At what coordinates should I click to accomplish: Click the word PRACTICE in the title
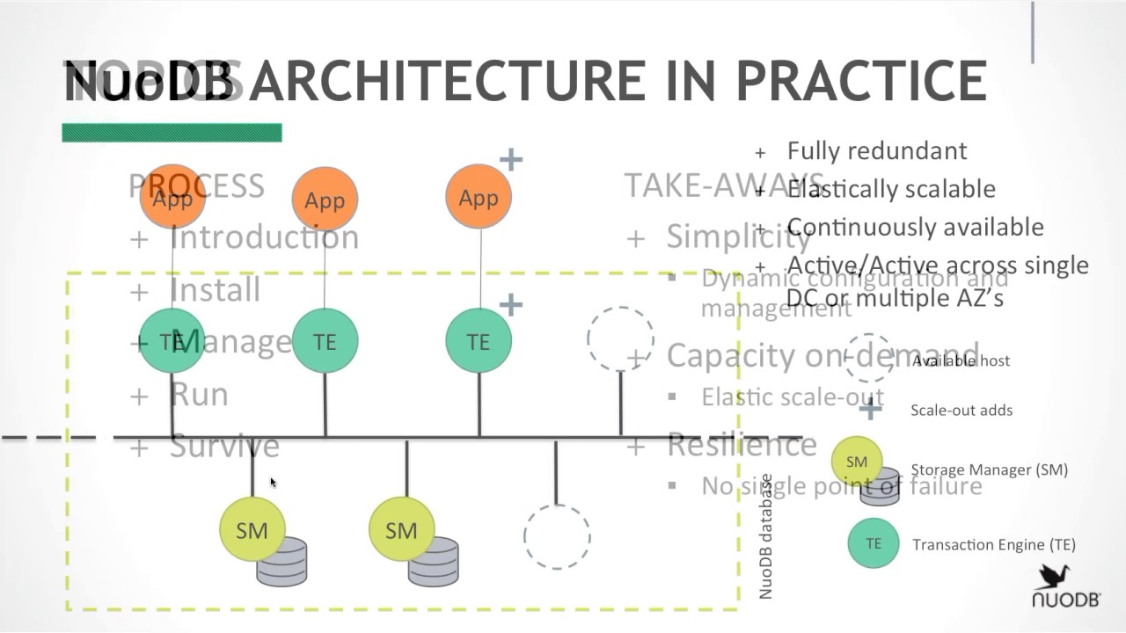(x=860, y=81)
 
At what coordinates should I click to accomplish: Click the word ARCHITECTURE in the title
(x=483, y=81)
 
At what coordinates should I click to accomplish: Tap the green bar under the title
(x=172, y=133)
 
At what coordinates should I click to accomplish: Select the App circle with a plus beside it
(x=478, y=197)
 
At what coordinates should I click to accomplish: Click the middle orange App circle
(x=325, y=200)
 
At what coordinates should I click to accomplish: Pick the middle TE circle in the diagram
(x=325, y=341)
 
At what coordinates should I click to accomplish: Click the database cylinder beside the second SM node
(x=434, y=561)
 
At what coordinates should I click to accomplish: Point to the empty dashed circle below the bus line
(x=557, y=536)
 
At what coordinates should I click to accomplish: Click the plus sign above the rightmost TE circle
(x=510, y=305)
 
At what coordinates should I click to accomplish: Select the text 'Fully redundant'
(x=876, y=150)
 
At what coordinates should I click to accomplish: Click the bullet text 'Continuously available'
(x=915, y=227)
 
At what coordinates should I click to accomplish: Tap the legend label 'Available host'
(x=961, y=360)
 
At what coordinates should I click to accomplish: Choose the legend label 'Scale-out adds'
(x=961, y=410)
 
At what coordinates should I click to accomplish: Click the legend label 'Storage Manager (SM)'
(x=989, y=469)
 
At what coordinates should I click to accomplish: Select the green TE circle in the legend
(x=873, y=543)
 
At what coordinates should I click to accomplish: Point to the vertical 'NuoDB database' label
(x=765, y=536)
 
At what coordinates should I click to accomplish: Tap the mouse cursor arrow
(x=273, y=482)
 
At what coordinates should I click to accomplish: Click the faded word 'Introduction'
(x=264, y=237)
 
